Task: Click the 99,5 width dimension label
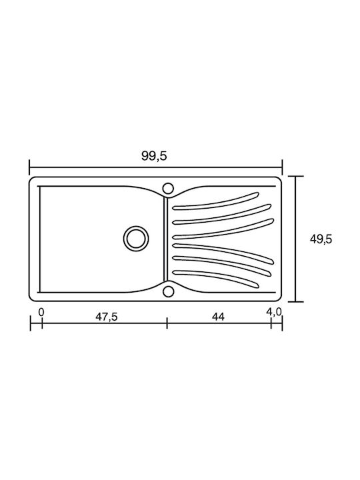154,156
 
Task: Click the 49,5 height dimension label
321,239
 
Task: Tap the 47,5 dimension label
107,317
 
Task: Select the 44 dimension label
218,317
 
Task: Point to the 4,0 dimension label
273,312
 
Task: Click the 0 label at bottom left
41,312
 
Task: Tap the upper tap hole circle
168,188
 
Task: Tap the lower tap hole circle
168,291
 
